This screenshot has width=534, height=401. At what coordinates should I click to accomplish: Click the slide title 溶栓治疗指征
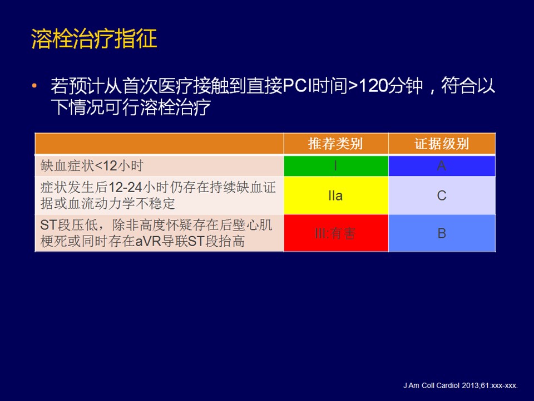94,38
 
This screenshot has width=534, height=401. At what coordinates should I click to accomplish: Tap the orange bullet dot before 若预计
34,86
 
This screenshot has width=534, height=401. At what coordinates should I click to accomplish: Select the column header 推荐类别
335,144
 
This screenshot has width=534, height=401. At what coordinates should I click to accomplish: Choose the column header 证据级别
442,144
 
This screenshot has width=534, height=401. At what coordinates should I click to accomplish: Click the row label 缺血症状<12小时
92,166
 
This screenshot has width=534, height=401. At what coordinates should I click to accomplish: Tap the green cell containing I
336,166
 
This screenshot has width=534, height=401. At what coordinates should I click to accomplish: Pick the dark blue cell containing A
442,166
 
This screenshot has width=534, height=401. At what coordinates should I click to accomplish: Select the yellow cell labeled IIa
336,195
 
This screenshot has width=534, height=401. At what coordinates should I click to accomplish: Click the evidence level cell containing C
442,195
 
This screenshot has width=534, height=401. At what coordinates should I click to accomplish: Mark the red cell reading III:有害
336,233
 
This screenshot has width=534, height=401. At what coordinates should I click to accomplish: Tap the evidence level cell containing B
442,233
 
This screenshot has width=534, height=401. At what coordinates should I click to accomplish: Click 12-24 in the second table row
125,187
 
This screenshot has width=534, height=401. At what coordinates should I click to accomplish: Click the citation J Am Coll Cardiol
432,385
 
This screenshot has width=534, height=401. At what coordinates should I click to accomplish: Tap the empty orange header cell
160,144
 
